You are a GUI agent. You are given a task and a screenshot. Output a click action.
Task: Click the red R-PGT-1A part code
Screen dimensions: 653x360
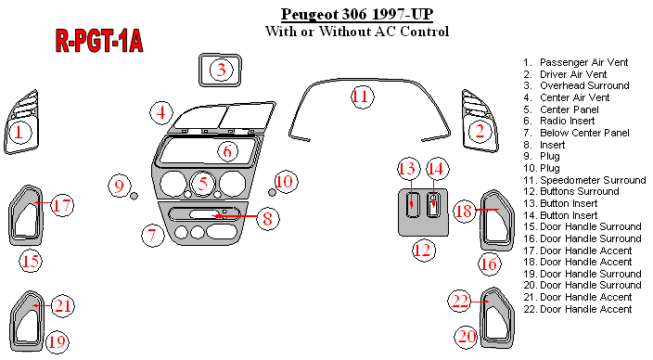point(99,41)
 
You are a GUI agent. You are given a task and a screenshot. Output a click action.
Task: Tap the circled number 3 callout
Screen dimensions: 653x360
point(221,70)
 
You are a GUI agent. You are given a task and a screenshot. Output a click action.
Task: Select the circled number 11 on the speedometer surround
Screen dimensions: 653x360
point(361,96)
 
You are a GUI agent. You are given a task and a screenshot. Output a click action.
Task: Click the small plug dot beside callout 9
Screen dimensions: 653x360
point(134,196)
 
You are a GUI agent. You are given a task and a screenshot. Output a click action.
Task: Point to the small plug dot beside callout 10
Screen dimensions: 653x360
point(272,192)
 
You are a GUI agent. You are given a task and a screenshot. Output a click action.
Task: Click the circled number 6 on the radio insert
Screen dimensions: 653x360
point(227,151)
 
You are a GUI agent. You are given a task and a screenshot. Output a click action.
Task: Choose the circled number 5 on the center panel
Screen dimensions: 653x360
point(203,184)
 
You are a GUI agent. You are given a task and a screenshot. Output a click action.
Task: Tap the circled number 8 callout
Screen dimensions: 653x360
point(268,218)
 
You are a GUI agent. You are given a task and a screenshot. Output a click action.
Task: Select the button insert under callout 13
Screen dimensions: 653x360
point(412,205)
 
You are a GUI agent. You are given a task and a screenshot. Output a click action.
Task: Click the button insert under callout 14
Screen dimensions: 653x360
point(433,204)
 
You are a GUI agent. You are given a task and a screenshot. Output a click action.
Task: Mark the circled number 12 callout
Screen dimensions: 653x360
point(424,250)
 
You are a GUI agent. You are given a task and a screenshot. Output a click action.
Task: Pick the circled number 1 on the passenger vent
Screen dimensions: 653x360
point(19,132)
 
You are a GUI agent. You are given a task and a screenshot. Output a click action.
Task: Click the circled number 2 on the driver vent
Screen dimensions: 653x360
point(480,131)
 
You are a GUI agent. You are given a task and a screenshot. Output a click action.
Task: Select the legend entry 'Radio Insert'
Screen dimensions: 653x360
point(568,121)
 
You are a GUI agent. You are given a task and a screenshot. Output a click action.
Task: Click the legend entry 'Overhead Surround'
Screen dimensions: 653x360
point(584,85)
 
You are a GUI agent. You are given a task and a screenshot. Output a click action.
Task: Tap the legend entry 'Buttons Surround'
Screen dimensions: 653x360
point(580,192)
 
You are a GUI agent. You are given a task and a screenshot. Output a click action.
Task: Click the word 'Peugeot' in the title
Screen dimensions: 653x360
point(310,15)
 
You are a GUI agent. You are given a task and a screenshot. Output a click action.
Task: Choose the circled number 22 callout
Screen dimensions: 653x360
point(460,301)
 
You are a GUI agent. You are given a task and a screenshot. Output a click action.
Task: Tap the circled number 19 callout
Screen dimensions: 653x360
point(58,342)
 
